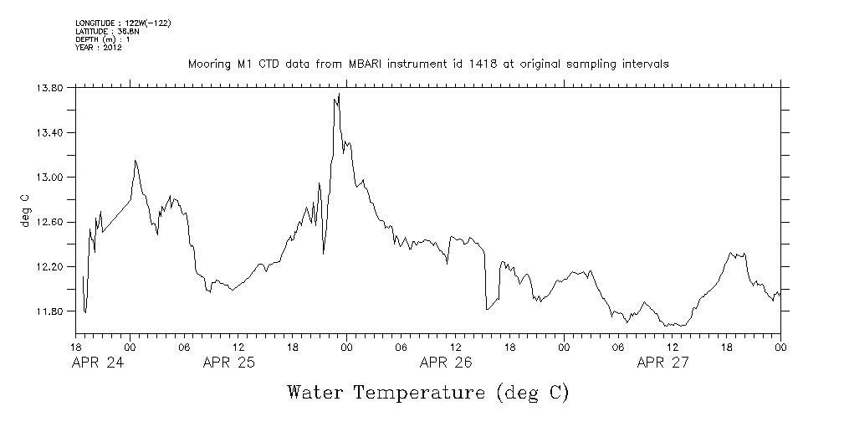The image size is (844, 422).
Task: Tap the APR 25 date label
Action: (x=230, y=363)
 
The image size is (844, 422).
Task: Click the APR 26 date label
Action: (x=446, y=363)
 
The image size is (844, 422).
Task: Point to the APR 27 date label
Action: (x=663, y=363)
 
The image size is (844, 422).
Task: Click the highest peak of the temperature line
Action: (x=339, y=94)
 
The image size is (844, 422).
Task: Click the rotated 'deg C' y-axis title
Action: (x=25, y=209)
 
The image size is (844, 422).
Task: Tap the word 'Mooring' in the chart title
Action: (x=208, y=64)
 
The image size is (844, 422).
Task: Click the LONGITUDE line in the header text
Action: (x=123, y=23)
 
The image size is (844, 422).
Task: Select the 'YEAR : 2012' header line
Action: (x=99, y=48)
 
